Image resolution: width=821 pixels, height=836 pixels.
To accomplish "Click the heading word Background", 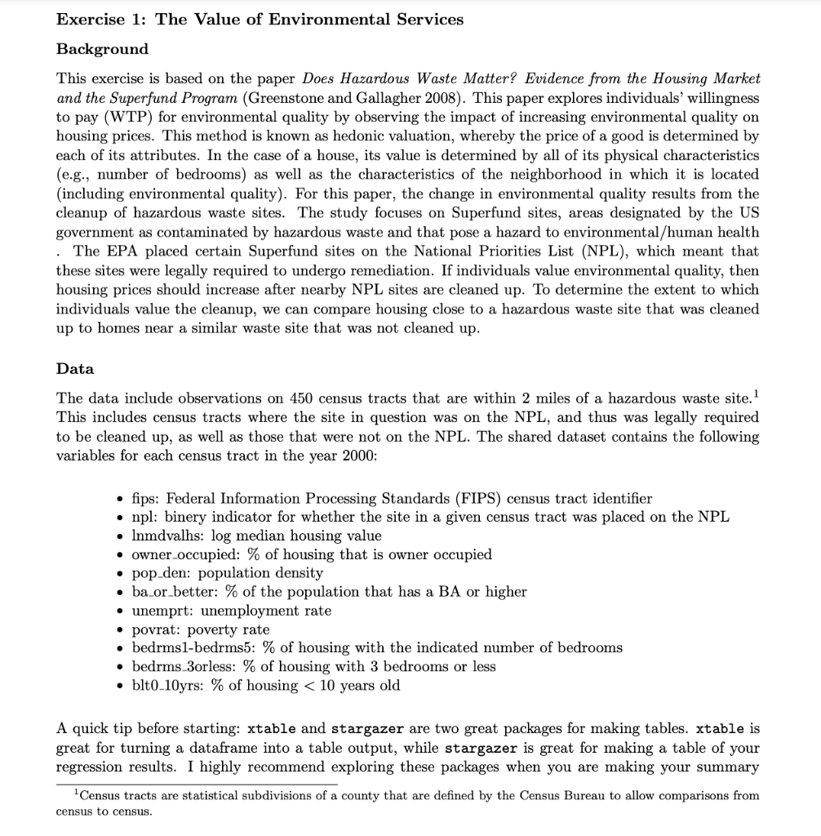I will [102, 49].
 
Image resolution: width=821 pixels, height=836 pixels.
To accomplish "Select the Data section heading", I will [75, 368].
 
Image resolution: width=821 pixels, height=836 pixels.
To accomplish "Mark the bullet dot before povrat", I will [121, 629].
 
